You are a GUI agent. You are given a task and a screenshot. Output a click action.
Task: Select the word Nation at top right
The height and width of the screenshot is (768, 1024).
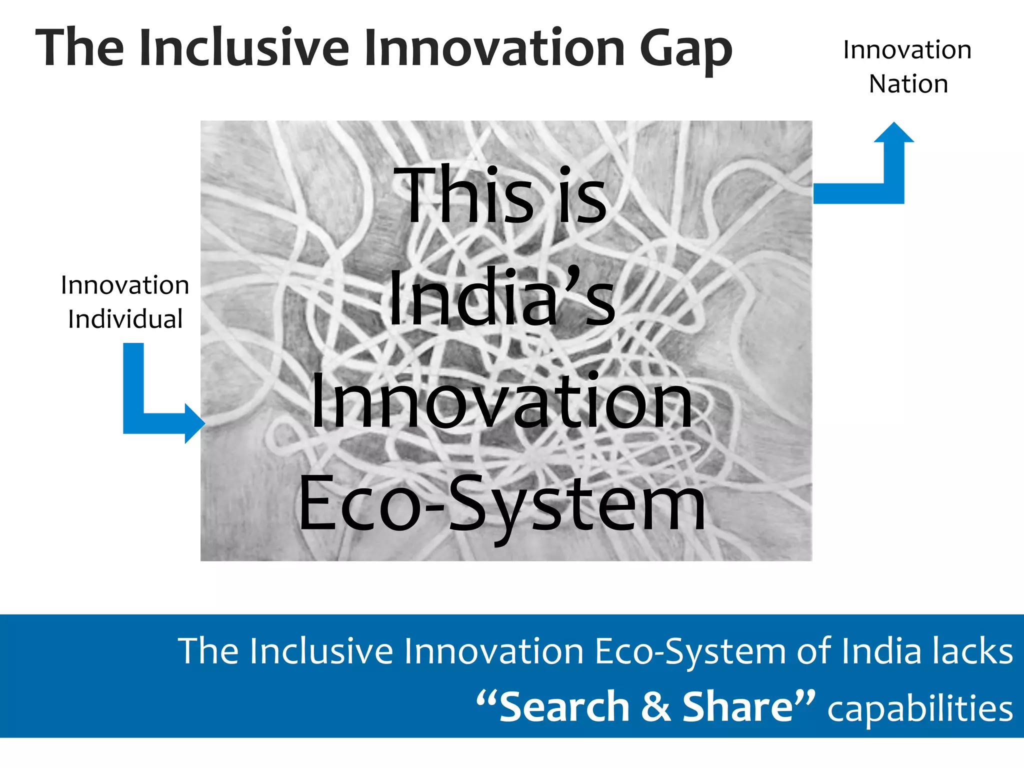tap(908, 84)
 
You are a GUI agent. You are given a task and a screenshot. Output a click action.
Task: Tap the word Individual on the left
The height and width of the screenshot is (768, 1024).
tap(125, 319)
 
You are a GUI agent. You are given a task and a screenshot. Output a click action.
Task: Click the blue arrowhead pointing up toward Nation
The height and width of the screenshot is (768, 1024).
tap(894, 132)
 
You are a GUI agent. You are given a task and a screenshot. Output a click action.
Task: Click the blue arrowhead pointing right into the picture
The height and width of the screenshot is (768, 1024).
tap(194, 423)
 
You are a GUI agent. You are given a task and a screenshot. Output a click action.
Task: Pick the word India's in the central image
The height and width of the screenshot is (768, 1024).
tap(501, 297)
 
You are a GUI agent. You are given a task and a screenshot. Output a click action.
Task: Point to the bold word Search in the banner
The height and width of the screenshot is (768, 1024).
tap(564, 707)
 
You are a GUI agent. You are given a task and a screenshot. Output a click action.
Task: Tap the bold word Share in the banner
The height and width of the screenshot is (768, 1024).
tap(738, 707)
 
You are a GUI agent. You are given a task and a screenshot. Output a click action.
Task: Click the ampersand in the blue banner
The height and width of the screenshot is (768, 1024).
tap(655, 707)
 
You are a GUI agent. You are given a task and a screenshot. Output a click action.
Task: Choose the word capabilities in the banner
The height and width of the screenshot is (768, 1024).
tap(920, 709)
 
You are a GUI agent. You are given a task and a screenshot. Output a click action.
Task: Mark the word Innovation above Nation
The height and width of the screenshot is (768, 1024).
tap(907, 50)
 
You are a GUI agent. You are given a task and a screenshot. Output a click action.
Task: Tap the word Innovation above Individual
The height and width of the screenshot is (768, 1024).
tap(125, 285)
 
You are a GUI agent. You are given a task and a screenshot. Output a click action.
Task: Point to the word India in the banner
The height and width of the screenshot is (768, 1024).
tap(881, 651)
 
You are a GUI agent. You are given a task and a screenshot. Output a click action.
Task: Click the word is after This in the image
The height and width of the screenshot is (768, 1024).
tap(583, 196)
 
